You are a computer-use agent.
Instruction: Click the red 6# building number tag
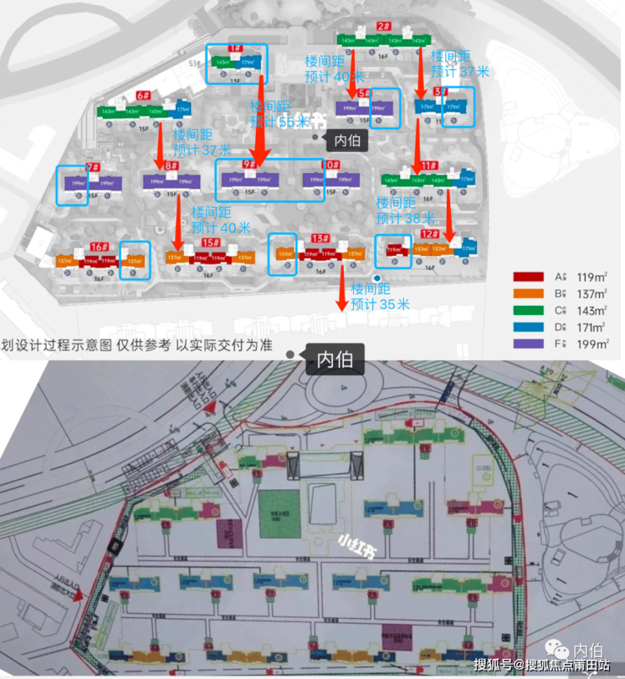(x=144, y=96)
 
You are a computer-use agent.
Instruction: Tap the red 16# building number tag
(x=100, y=247)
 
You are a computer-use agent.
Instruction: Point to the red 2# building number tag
(x=383, y=26)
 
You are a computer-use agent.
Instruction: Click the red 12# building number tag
(x=429, y=233)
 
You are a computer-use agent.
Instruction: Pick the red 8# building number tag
(x=171, y=166)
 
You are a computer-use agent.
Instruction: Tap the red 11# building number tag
(x=429, y=166)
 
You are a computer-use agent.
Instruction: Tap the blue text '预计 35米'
(x=379, y=304)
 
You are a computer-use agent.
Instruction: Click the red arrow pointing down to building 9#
(x=259, y=118)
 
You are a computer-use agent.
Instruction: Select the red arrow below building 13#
(x=341, y=289)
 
